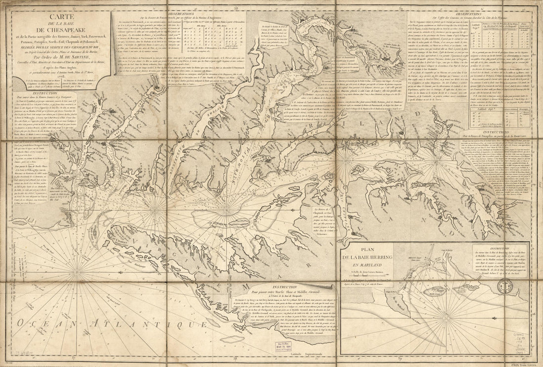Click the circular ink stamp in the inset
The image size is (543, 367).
(x=505, y=287)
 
